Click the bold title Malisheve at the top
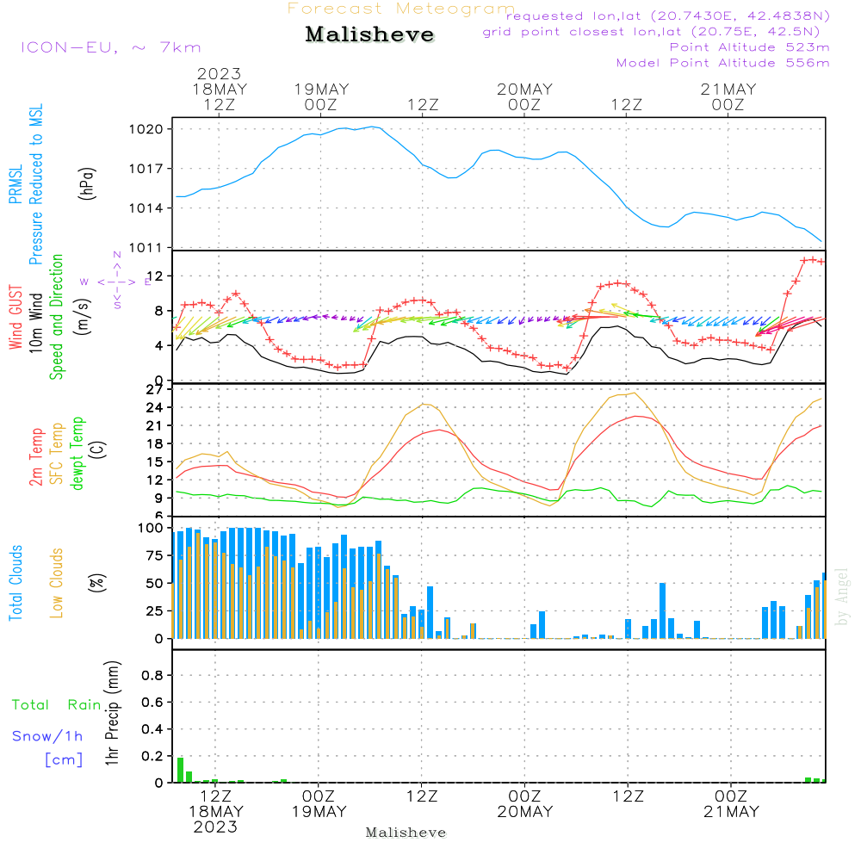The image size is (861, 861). click(369, 35)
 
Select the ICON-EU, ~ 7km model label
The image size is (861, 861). click(110, 47)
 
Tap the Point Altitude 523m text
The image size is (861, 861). click(749, 47)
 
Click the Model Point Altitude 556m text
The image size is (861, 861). click(723, 63)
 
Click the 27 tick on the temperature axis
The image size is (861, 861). click(154, 390)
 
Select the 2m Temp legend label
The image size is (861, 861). click(37, 455)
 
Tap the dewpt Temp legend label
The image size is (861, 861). click(77, 454)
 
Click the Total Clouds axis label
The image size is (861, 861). click(16, 583)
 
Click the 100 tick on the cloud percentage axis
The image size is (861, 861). click(150, 528)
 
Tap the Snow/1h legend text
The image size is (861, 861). click(47, 736)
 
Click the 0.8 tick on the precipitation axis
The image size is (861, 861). click(152, 676)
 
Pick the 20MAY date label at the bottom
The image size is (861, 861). click(525, 812)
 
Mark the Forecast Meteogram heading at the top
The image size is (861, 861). click(400, 9)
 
